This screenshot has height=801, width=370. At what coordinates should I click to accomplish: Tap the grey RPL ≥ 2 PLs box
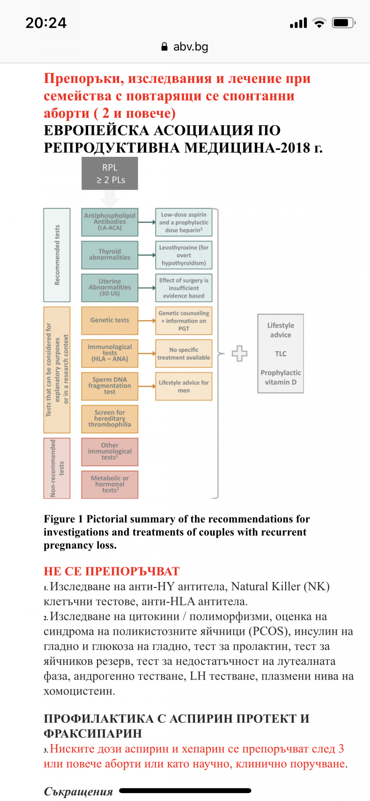tap(110, 174)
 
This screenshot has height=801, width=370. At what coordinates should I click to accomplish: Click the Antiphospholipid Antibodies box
tap(110, 222)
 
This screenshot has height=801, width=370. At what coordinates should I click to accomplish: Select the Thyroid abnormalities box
tap(110, 255)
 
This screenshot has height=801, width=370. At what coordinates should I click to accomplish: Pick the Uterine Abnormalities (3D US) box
tap(110, 287)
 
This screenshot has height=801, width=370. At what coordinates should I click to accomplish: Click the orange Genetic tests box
tap(110, 320)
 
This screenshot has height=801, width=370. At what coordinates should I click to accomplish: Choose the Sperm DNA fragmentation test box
tap(110, 386)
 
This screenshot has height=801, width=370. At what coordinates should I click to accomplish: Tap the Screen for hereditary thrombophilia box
tap(110, 419)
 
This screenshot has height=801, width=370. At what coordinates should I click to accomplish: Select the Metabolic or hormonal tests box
tap(110, 485)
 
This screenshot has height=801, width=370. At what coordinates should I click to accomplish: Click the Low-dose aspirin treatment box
tap(184, 222)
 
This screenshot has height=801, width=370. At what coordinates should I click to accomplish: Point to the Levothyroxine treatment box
tap(184, 255)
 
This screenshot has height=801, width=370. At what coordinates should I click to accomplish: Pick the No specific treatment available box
tap(184, 354)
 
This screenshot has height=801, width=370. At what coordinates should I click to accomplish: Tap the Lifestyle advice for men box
tap(184, 386)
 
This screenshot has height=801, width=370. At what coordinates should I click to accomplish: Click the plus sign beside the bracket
tap(239, 354)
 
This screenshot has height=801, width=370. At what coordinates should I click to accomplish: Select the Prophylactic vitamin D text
tap(281, 377)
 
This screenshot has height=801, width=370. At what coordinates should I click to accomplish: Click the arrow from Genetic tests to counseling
tap(147, 321)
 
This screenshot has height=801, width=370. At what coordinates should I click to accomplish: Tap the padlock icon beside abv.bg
tap(164, 47)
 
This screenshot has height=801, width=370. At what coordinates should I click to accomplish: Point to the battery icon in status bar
tap(343, 23)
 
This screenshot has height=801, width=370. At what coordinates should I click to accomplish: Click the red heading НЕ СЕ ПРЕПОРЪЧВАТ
tap(112, 571)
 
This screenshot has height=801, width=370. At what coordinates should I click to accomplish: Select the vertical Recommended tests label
tap(57, 255)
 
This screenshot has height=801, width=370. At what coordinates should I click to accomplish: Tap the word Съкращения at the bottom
tap(78, 792)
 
